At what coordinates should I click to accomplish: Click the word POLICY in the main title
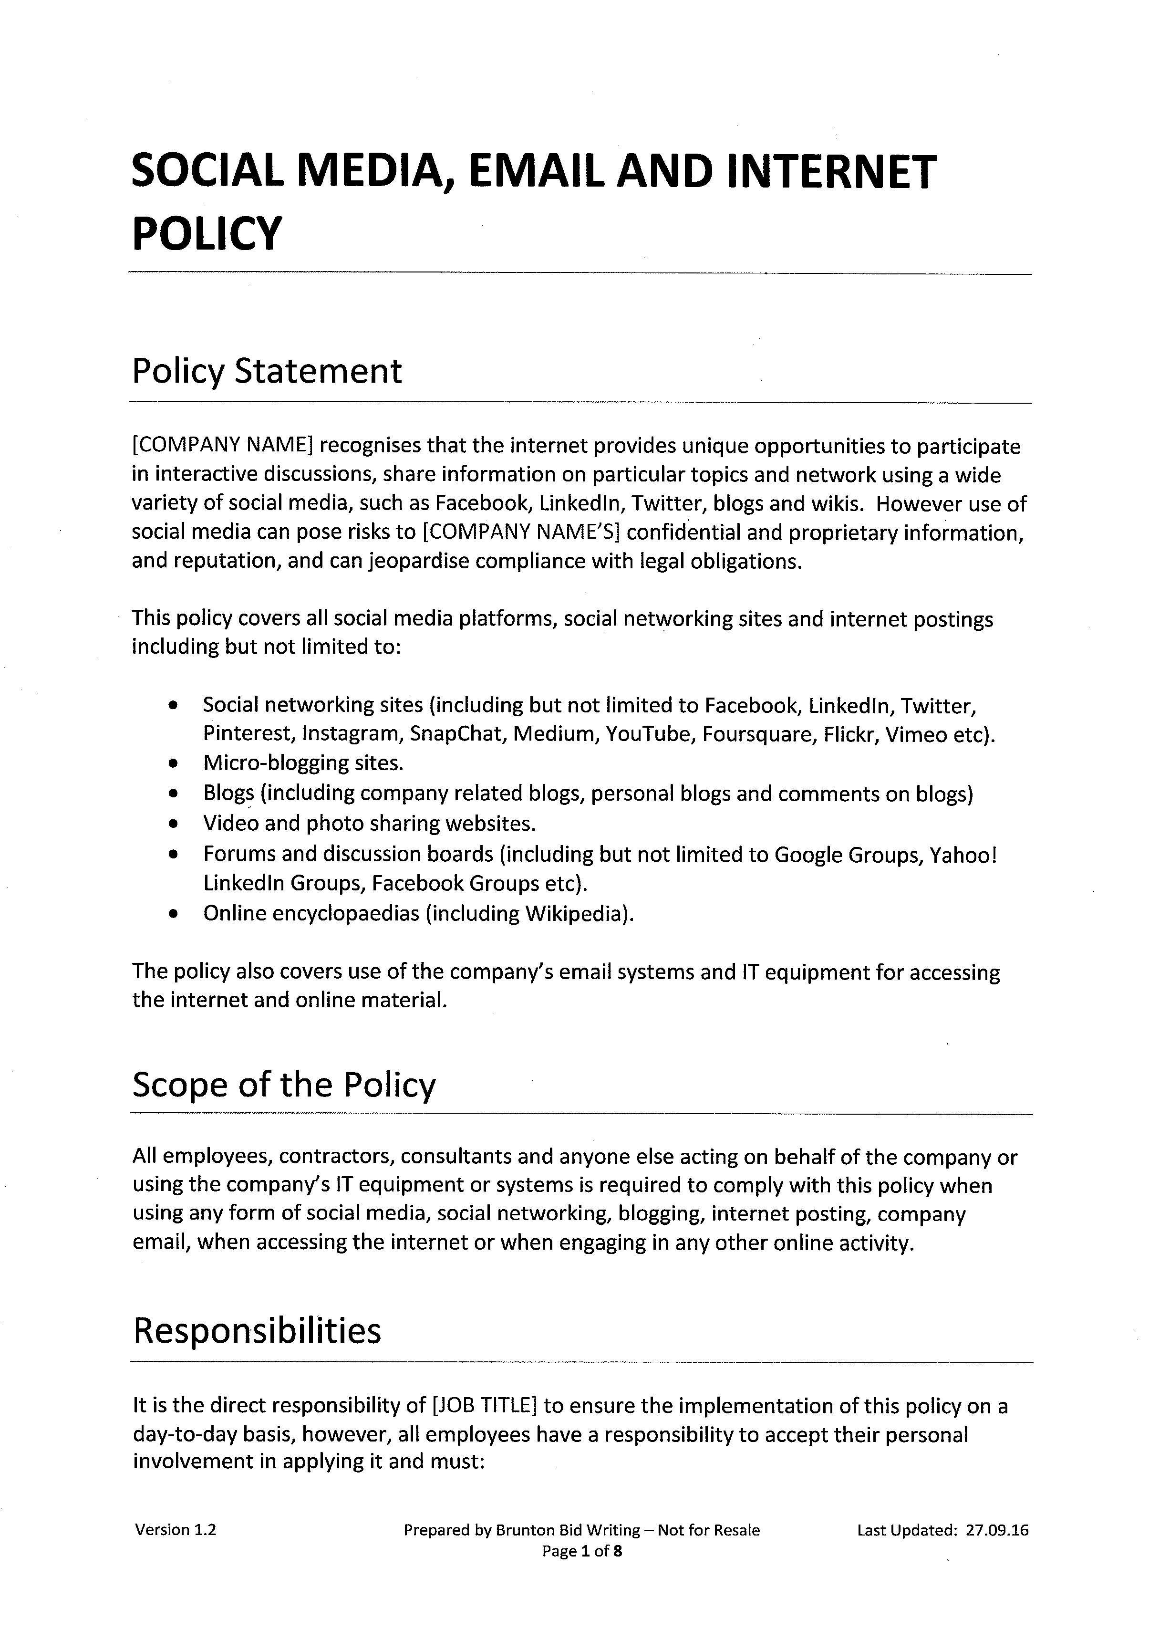click(207, 234)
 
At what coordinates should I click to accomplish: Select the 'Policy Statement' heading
click(266, 371)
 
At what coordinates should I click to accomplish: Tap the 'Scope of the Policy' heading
click(283, 1084)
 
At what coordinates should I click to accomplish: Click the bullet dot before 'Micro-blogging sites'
click(173, 763)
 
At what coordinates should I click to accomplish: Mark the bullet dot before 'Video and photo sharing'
click(173, 824)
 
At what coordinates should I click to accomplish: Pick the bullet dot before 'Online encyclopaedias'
click(173, 914)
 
